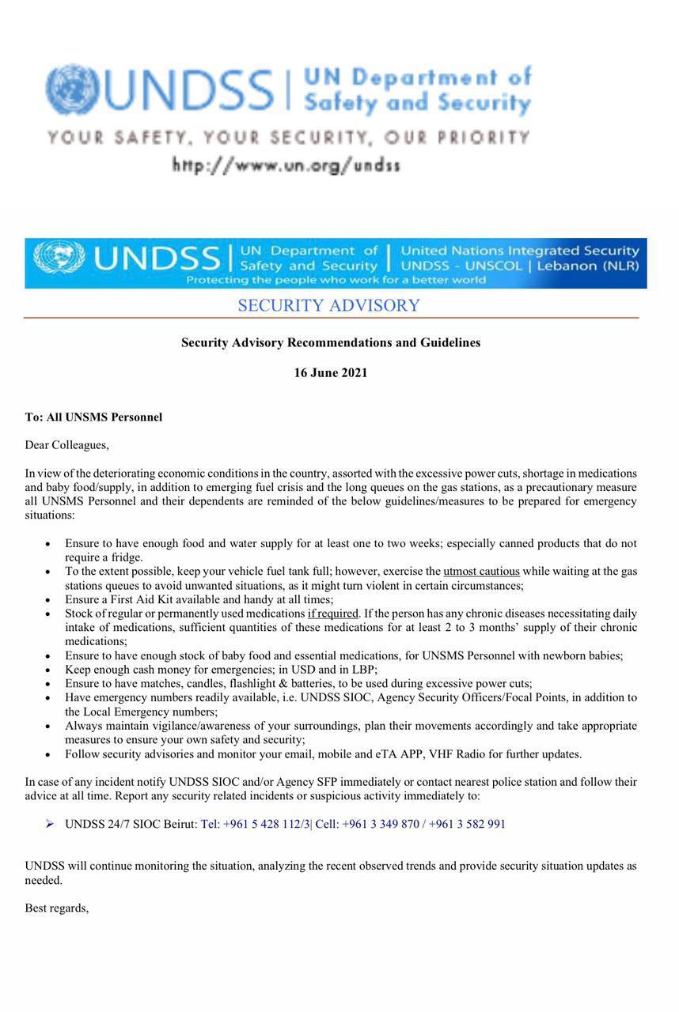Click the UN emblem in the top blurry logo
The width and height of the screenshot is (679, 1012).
point(72,90)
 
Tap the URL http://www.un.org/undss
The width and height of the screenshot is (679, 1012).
point(286,165)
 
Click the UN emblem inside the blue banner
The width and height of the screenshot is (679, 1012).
point(59,258)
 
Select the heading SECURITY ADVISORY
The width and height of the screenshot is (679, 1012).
point(328,306)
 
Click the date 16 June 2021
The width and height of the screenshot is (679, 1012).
point(331,373)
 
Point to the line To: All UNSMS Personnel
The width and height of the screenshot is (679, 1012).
point(93,417)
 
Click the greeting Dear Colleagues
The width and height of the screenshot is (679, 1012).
point(66,445)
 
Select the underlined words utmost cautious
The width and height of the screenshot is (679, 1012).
point(481,571)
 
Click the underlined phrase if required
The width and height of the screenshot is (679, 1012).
point(333,614)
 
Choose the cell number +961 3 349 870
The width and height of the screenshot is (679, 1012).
point(382,824)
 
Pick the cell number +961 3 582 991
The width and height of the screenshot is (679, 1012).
point(467,824)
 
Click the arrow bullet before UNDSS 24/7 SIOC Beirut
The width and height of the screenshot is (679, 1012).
point(50,824)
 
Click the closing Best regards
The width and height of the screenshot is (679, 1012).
point(56,908)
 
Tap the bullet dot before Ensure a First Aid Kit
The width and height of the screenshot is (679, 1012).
point(48,600)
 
